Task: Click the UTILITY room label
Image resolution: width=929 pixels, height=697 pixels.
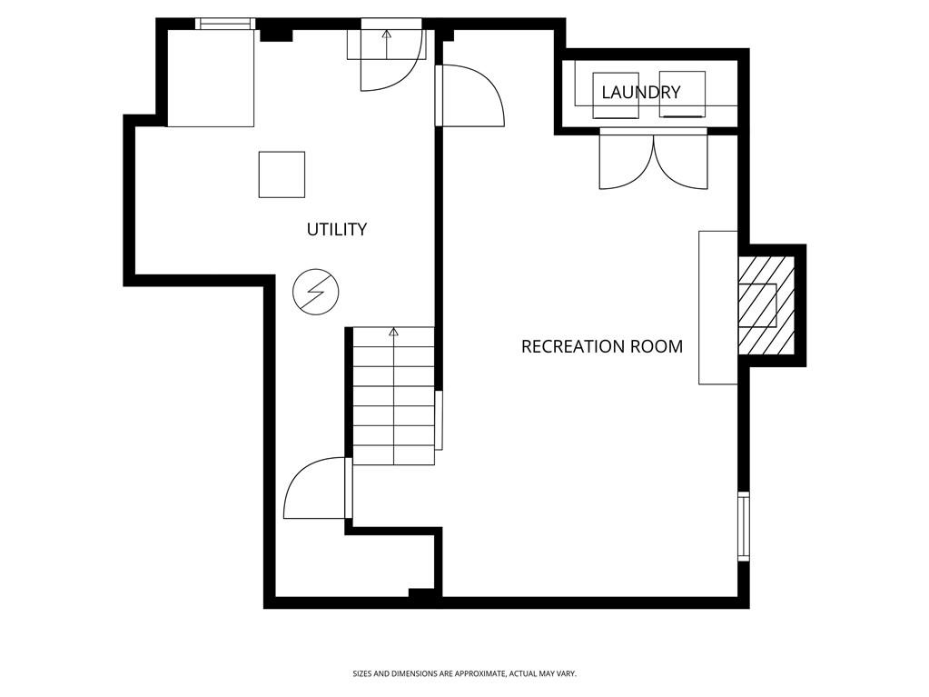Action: pos(336,229)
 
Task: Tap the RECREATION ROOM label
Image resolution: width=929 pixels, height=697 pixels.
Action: pos(601,346)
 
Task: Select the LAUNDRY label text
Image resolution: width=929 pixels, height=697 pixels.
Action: pos(640,92)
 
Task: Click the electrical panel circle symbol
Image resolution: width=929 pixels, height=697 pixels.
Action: pos(315,292)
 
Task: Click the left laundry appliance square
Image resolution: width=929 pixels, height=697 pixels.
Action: pos(616,95)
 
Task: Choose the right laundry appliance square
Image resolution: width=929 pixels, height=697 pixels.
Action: pos(682,95)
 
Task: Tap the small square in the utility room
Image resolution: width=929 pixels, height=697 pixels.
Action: pos(282,174)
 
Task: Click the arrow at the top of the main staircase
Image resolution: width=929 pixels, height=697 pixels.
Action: pos(394,333)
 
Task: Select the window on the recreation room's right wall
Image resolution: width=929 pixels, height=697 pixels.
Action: pos(743,525)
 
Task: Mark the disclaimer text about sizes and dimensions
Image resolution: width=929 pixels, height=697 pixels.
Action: pos(464,673)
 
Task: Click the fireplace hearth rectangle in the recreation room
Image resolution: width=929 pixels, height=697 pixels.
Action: pos(717,307)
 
